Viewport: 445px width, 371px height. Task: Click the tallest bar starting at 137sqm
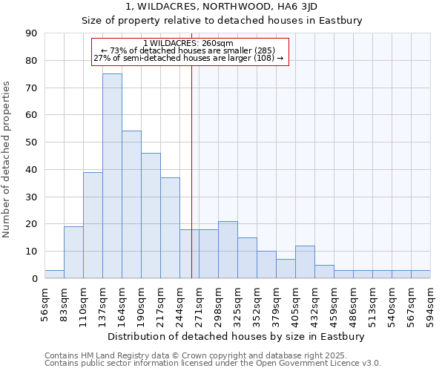coord(112,176)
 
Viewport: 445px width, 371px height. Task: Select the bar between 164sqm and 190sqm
coord(131,205)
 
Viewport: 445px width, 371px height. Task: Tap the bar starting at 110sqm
coord(93,225)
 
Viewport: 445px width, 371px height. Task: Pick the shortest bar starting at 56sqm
coord(54,275)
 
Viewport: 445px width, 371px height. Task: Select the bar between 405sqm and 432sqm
coord(305,262)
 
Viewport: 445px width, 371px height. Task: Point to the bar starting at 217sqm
coord(170,228)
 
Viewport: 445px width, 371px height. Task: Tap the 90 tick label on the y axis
coord(31,33)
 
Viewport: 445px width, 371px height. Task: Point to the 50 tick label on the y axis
coord(31,142)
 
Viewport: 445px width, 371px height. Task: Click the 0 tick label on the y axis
coord(34,279)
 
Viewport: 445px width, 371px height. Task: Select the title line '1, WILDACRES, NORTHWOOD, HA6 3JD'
coord(222,7)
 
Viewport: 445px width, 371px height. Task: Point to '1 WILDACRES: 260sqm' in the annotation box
coord(188,43)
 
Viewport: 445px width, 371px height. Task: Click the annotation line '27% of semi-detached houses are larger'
coord(188,58)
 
